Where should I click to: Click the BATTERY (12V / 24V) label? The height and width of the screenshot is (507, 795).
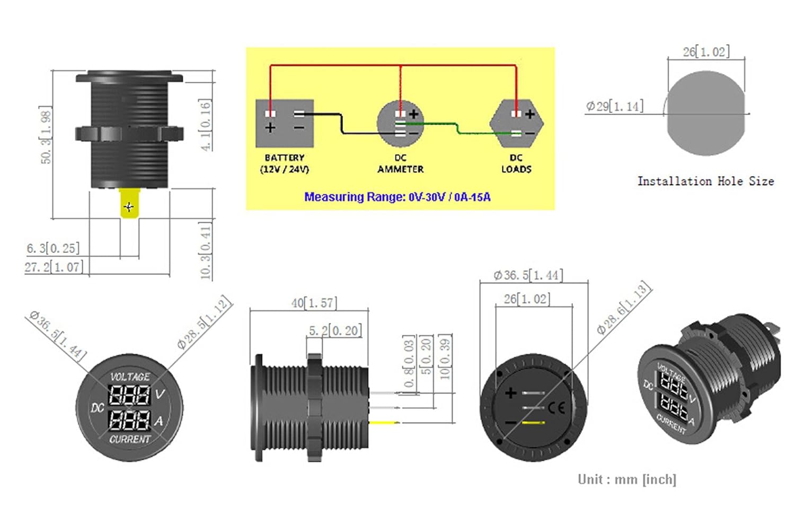point(285,163)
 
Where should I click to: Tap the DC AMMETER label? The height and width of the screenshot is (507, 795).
point(400,163)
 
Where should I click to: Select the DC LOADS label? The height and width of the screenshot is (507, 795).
point(516,163)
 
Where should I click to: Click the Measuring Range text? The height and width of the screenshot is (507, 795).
point(397,197)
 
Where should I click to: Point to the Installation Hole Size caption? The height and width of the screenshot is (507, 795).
point(705,181)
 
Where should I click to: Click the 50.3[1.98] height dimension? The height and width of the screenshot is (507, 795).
point(47,135)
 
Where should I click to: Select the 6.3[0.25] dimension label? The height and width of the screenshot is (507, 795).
point(53,248)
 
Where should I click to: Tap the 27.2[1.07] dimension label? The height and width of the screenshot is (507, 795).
point(54,267)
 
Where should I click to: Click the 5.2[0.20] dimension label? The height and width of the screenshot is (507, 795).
point(335,330)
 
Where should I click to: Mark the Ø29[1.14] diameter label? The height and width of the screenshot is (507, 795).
point(615,106)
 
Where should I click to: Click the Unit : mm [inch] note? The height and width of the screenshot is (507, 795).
point(627,479)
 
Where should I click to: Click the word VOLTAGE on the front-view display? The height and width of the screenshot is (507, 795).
point(130,377)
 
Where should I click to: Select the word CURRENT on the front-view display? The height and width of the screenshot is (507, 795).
point(130,439)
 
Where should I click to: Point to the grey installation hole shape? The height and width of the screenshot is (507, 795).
point(705,114)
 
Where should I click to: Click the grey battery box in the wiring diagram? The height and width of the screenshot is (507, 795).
point(285,123)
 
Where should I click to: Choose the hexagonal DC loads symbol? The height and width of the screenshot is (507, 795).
point(516,123)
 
